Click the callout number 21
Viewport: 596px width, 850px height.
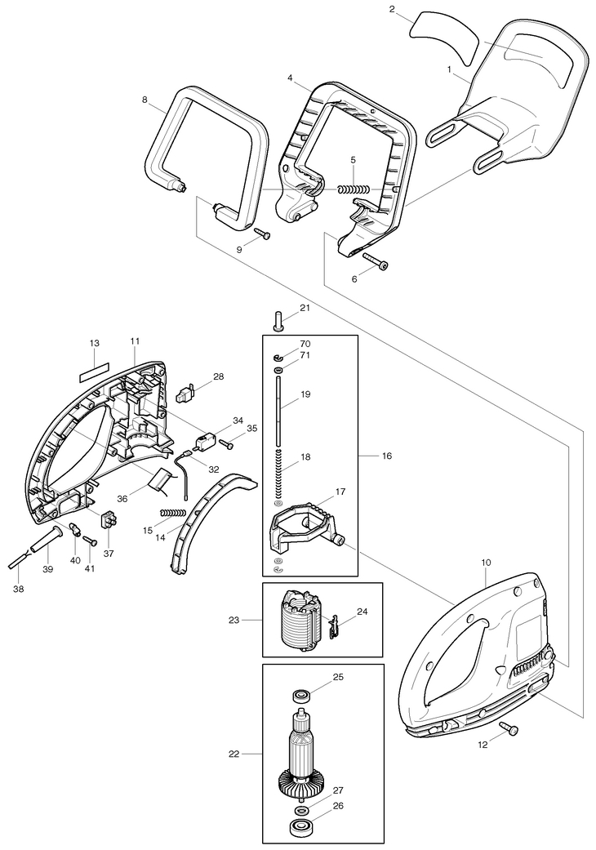tap(305, 308)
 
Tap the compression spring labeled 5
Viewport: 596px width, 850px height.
tap(354, 189)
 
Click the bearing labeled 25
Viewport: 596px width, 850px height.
tap(300, 696)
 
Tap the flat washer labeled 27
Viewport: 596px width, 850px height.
tap(300, 810)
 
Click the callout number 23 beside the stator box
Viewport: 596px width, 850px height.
tap(234, 620)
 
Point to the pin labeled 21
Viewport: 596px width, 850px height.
tap(278, 320)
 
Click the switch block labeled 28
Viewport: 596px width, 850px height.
tap(185, 396)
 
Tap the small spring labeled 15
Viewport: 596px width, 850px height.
tap(173, 512)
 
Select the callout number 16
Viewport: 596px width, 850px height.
tap(387, 456)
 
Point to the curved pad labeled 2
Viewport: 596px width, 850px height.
tap(444, 41)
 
